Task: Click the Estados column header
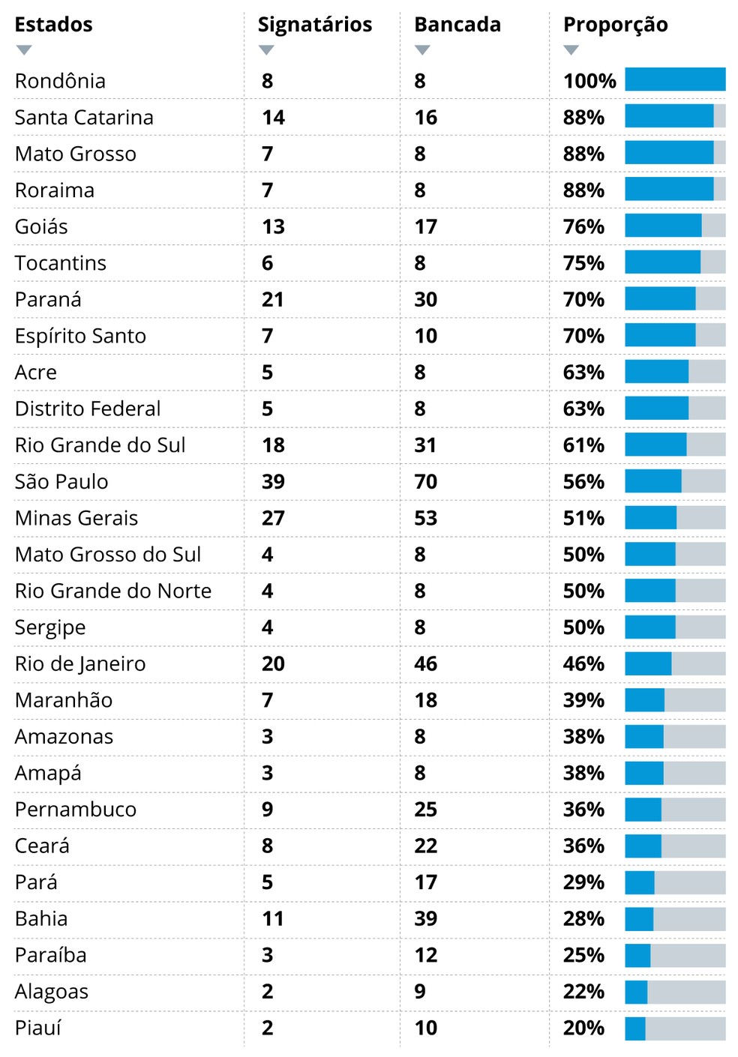pyautogui.click(x=53, y=25)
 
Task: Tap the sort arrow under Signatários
pyautogui.click(x=266, y=50)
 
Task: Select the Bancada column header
pyautogui.click(x=457, y=25)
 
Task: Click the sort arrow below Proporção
pyautogui.click(x=571, y=50)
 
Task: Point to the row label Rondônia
pyautogui.click(x=60, y=81)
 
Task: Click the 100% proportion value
pyautogui.click(x=589, y=81)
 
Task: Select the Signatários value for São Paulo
pyautogui.click(x=273, y=482)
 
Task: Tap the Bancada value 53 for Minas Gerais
pyautogui.click(x=425, y=518)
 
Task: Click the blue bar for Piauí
pyautogui.click(x=635, y=1028)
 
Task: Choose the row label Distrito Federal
pyautogui.click(x=88, y=409)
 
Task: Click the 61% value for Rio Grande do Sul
pyautogui.click(x=583, y=445)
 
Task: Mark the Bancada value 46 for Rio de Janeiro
pyautogui.click(x=425, y=664)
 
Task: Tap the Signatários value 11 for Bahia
pyautogui.click(x=273, y=919)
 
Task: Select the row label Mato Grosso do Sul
pyautogui.click(x=108, y=555)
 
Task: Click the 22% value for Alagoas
pyautogui.click(x=583, y=992)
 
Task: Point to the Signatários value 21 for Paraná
pyautogui.click(x=273, y=300)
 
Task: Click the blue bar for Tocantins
pyautogui.click(x=662, y=262)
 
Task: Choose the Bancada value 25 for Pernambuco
pyautogui.click(x=425, y=810)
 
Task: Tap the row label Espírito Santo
pyautogui.click(x=80, y=336)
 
